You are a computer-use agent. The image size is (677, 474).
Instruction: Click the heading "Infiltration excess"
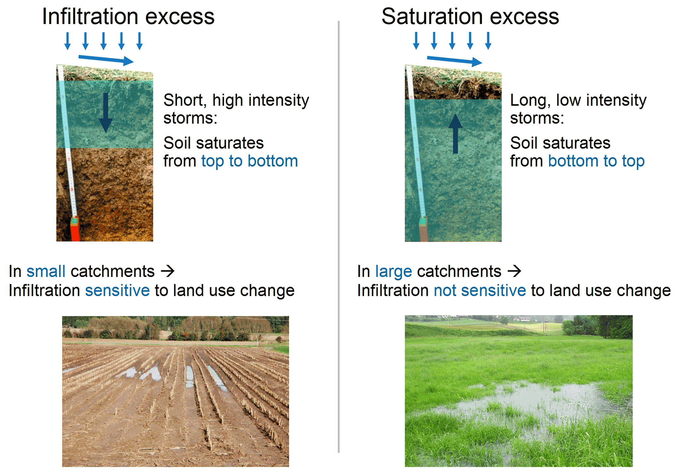coord(128,16)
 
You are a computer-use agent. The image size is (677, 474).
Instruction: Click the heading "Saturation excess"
coord(470,16)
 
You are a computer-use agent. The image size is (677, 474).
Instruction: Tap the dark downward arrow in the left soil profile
coord(105,112)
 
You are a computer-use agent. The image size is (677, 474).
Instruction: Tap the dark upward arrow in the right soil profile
coord(455,134)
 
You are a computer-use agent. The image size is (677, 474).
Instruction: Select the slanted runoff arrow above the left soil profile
coord(106,60)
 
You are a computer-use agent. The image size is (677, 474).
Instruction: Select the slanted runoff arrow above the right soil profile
coord(455,60)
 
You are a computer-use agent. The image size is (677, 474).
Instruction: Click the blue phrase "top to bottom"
coord(250,161)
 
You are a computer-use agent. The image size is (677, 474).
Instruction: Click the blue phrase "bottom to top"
coord(596,161)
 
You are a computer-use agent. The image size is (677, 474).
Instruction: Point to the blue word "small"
coord(46,271)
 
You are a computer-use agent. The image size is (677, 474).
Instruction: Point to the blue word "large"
coord(393,272)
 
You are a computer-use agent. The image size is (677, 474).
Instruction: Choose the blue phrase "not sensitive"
coord(480,290)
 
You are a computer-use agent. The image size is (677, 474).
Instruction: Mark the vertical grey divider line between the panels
coord(339,237)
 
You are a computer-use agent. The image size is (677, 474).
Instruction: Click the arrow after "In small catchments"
coord(168,271)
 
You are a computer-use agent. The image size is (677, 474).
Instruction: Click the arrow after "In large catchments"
coord(514,271)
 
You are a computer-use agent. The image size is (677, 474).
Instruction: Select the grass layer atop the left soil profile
coord(105,73)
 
